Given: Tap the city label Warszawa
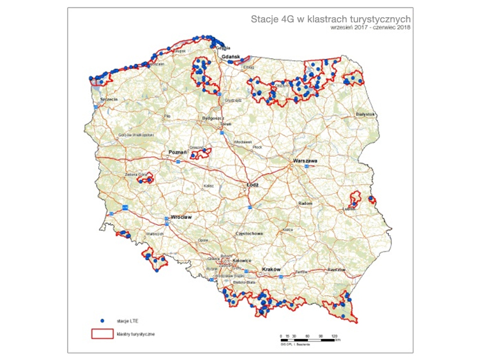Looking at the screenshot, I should (x=305, y=161).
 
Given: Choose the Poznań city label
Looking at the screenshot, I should (x=177, y=152).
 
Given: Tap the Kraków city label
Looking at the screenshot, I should (x=271, y=270).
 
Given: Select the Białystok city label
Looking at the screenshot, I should (x=365, y=114).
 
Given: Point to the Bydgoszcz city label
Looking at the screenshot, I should (x=211, y=119).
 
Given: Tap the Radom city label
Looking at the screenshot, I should (x=305, y=204).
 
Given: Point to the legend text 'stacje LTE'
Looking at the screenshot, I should (x=127, y=320).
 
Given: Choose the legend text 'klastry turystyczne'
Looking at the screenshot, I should (x=135, y=333).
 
